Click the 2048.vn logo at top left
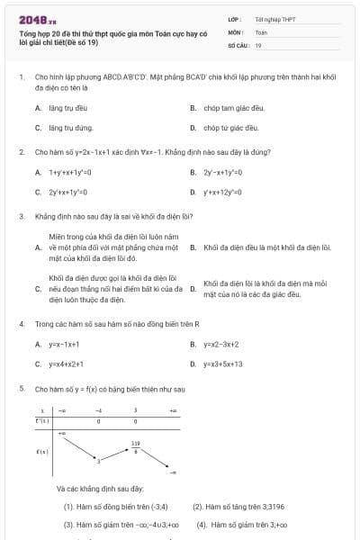38,19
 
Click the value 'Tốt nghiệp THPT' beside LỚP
274,18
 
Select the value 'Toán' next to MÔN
261,31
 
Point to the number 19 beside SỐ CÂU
258,44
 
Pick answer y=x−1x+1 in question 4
64,344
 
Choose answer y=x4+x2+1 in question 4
67,364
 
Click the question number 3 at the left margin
21,217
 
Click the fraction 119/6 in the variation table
135,445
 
